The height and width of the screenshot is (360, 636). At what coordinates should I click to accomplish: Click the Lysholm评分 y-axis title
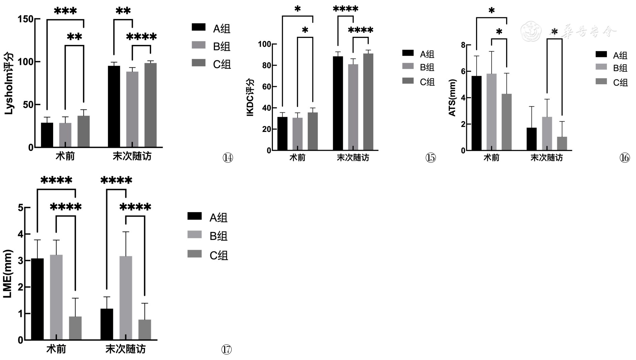tap(9, 84)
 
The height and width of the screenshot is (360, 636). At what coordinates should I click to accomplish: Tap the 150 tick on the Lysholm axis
tap(26, 19)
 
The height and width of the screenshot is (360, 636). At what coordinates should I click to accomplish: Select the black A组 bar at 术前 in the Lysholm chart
tap(47, 135)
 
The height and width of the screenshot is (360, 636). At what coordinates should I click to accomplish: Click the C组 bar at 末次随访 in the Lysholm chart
tap(150, 105)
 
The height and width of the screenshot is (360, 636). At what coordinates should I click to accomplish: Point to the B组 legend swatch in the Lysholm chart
tap(198, 45)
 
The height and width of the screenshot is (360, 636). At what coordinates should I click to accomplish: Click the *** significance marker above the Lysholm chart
tap(65, 12)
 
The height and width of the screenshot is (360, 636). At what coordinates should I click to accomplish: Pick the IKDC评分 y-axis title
tap(250, 97)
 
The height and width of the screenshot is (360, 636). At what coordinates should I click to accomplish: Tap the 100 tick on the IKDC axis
tap(264, 44)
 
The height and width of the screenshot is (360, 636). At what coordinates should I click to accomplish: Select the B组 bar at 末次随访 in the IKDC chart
tap(353, 107)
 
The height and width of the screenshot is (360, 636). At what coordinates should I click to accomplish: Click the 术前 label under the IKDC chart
tap(298, 158)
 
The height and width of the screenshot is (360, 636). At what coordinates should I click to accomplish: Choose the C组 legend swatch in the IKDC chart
tap(408, 81)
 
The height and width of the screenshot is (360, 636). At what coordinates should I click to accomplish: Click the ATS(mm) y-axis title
tap(452, 98)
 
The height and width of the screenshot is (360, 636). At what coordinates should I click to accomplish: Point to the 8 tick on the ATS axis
tap(463, 45)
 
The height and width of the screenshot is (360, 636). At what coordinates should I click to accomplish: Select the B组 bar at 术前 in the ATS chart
tap(491, 112)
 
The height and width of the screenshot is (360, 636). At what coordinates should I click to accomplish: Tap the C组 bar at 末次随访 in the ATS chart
tap(562, 143)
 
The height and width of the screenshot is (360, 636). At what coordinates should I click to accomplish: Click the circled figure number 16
tap(625, 158)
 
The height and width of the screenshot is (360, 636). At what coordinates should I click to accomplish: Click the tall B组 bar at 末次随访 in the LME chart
tap(126, 298)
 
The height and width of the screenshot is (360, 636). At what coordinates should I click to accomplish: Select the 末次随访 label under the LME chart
tap(125, 349)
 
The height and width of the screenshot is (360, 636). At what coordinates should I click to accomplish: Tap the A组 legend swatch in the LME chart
tap(194, 216)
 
